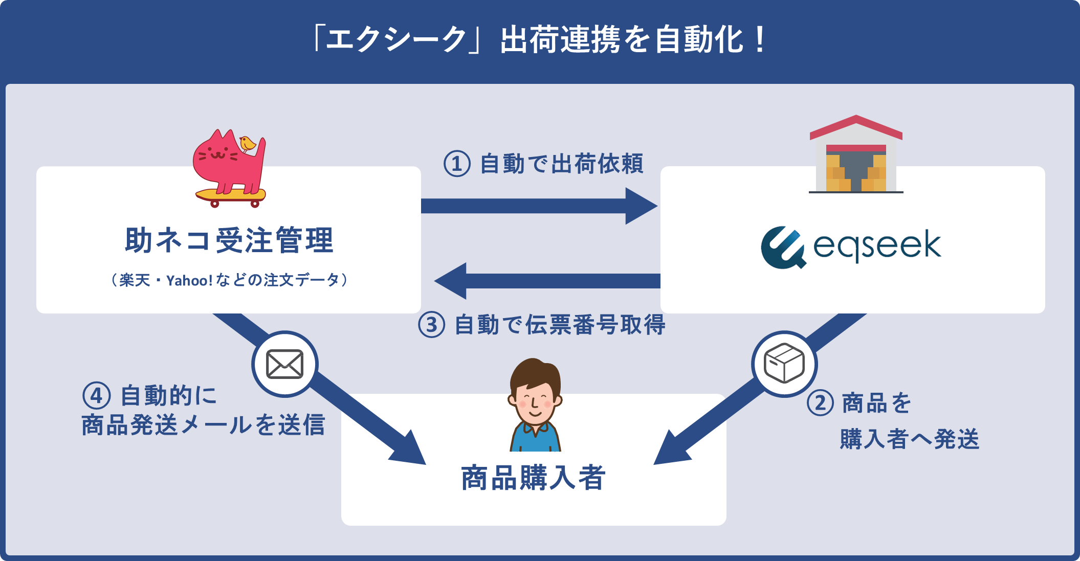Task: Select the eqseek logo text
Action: tap(877, 246)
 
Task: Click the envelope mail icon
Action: tap(285, 364)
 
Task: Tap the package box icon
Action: tap(784, 364)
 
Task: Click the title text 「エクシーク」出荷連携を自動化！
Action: tap(540, 39)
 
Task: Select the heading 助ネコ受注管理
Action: tap(229, 240)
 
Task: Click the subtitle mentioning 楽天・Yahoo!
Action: tap(229, 280)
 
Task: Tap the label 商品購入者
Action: tap(534, 478)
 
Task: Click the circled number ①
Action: tap(456, 164)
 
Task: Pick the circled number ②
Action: tap(820, 403)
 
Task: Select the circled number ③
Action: tap(431, 325)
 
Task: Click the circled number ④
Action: tap(96, 396)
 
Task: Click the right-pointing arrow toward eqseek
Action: tap(537, 206)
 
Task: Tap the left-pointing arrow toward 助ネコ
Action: tap(547, 281)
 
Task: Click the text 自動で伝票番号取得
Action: tap(560, 325)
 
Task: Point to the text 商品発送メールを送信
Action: tap(203, 425)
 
